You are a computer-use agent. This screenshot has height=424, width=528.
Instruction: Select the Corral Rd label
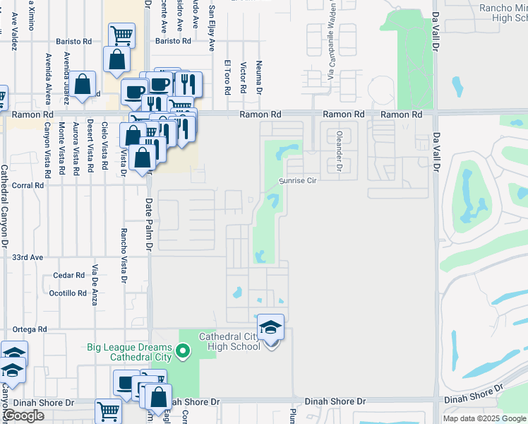point(28,185)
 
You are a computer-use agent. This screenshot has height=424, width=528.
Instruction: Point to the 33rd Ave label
point(28,257)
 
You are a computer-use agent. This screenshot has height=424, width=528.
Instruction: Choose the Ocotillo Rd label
point(68,293)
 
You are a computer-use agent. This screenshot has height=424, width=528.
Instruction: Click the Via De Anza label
point(94,285)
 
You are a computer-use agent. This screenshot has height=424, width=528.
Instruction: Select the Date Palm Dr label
point(149,225)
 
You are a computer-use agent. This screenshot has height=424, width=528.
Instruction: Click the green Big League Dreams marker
point(183,349)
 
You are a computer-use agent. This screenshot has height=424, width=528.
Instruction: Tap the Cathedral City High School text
point(230,341)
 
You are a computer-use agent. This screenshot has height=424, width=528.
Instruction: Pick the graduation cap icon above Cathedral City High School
point(270,327)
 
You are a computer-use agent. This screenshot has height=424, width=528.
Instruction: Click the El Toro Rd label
point(228,77)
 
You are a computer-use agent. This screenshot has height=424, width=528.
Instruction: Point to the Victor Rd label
point(243,78)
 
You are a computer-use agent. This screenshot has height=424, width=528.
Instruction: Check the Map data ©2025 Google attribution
point(484,418)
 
